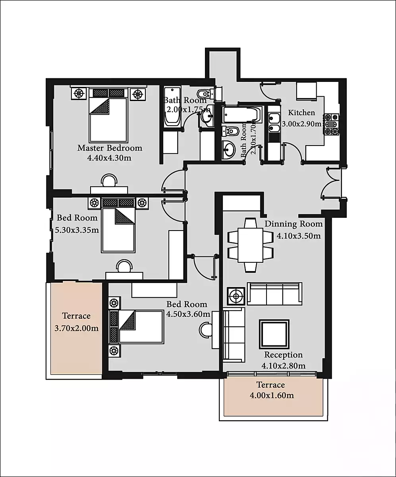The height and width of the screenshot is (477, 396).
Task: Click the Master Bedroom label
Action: pos(110,148)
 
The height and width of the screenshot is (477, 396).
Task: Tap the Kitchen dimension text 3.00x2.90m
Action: pos(302,124)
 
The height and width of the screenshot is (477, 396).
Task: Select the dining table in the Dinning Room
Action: pos(250,245)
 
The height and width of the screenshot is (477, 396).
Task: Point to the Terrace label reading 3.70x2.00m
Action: pos(77,328)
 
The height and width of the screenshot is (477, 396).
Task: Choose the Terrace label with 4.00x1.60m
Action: pos(272,395)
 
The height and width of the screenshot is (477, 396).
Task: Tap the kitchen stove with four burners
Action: pos(331,124)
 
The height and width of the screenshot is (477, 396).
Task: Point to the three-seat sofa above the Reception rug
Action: pos(274,294)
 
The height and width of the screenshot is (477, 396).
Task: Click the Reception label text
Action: pos(284,355)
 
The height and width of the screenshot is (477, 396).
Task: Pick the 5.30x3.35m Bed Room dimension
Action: pos(77,230)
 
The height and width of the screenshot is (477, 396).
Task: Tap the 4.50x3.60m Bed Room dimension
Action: pos(188,314)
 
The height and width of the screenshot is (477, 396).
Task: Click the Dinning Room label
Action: pos(294,224)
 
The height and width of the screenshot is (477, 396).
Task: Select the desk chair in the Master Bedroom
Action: pos(109,180)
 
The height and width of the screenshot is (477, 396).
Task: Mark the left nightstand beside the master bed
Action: pos(79,94)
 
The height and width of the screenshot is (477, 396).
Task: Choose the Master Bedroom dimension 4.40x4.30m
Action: pos(109,158)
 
